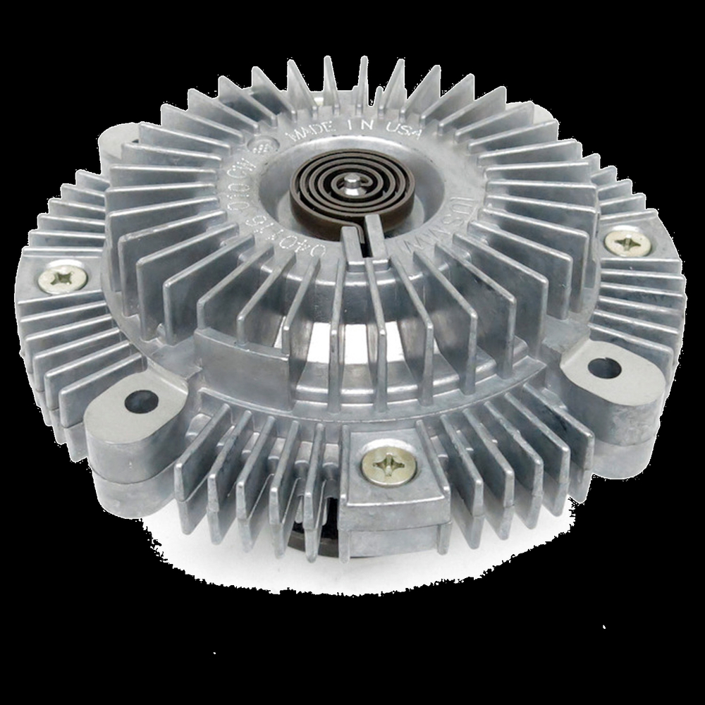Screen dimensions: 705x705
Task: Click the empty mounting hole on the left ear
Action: point(141,401)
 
